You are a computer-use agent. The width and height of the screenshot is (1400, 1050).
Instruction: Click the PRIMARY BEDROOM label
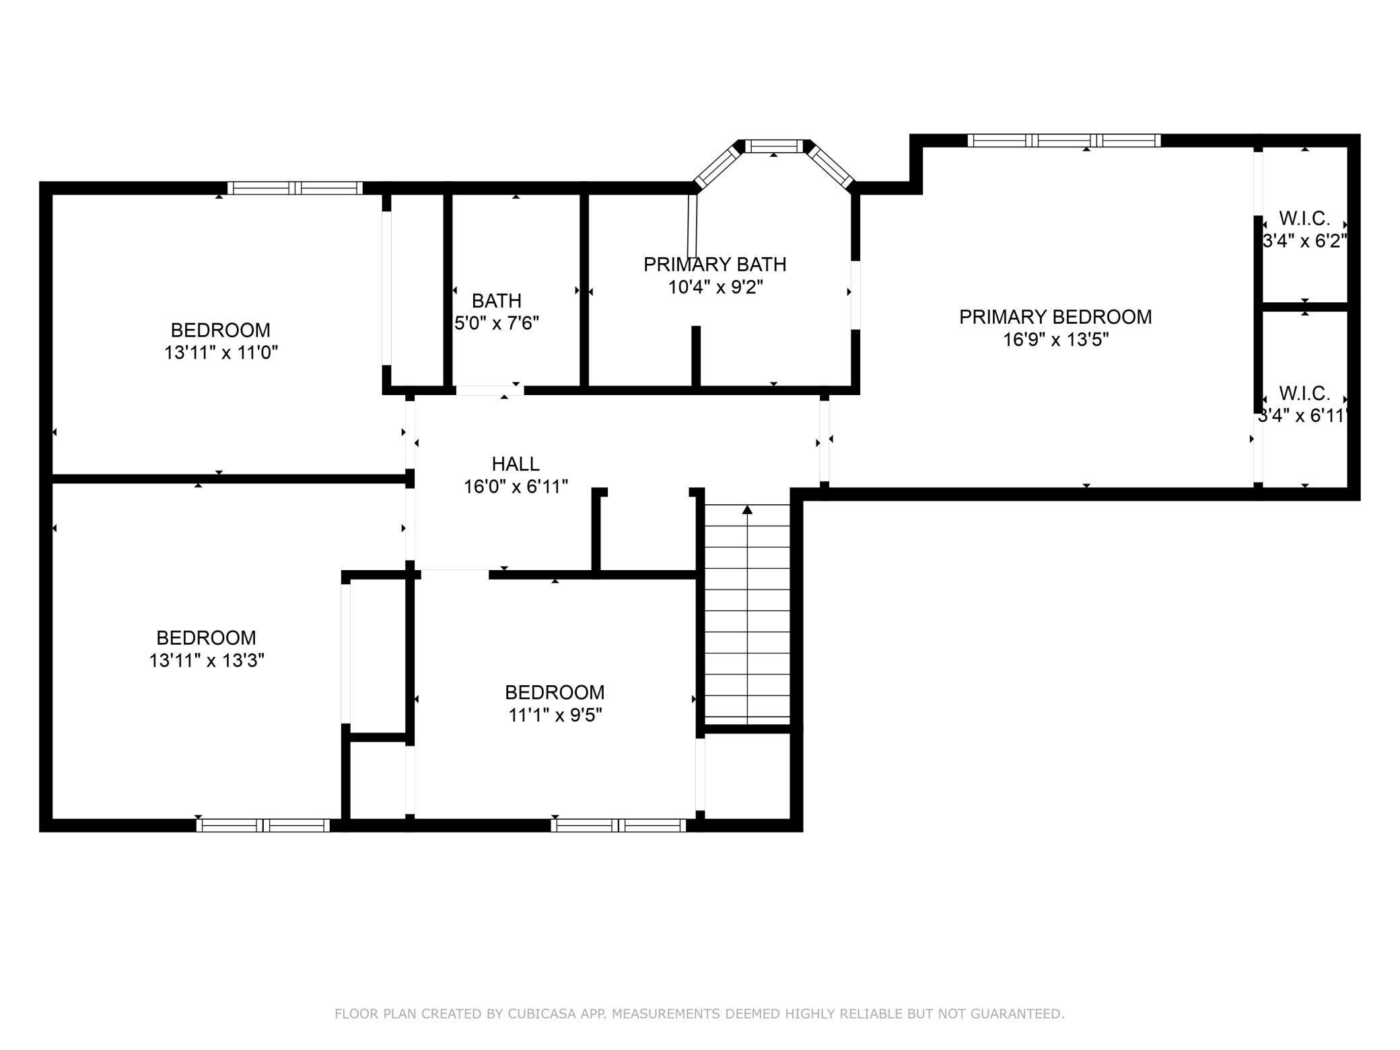[x=1055, y=317]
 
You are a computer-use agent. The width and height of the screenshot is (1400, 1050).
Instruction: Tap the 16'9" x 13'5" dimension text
[x=1055, y=340]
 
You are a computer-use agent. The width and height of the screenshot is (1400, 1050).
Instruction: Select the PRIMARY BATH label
[x=715, y=265]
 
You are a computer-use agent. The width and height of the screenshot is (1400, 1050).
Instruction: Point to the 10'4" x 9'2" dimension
[x=715, y=287]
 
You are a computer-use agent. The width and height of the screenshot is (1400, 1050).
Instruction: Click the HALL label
[x=516, y=464]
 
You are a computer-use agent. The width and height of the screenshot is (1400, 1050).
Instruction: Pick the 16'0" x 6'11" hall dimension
[x=516, y=486]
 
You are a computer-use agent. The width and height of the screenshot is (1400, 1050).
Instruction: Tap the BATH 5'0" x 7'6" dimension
[x=497, y=323]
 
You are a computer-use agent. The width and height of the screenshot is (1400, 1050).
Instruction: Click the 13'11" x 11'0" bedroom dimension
[x=221, y=353]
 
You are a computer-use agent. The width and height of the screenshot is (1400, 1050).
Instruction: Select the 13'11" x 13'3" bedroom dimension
[x=207, y=660]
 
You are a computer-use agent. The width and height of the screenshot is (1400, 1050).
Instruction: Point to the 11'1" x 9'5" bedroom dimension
[x=555, y=715]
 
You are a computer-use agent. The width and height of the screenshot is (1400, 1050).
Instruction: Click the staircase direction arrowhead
[x=747, y=510]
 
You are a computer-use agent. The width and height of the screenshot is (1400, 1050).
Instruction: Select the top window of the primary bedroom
[x=1064, y=141]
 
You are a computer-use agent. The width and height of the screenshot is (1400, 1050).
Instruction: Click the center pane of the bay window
[x=774, y=146]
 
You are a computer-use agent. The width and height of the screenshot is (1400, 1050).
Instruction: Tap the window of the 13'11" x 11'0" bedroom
[x=295, y=188]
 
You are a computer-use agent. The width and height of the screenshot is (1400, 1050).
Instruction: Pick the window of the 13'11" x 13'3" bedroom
[x=263, y=826]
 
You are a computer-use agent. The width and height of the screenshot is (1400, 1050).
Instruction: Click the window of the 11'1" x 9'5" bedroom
[x=619, y=826]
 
